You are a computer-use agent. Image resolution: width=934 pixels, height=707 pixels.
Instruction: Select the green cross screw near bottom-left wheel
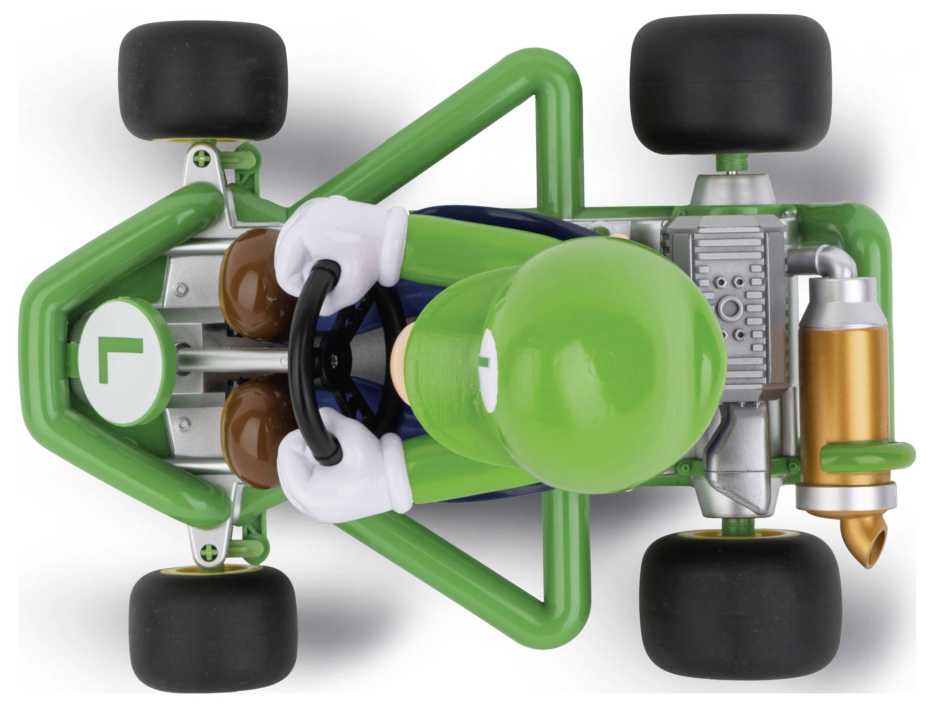point(210,550)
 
